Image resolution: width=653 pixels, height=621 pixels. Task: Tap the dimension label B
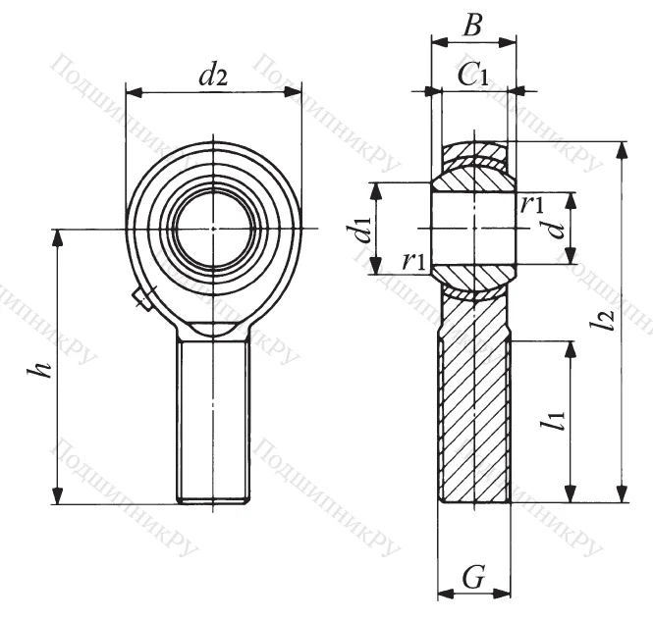472,26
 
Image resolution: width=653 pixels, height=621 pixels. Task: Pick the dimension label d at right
556,229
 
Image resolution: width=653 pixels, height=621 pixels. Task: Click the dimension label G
473,579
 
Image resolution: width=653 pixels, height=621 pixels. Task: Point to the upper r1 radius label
532,204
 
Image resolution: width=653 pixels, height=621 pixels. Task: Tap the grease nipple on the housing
141,298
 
